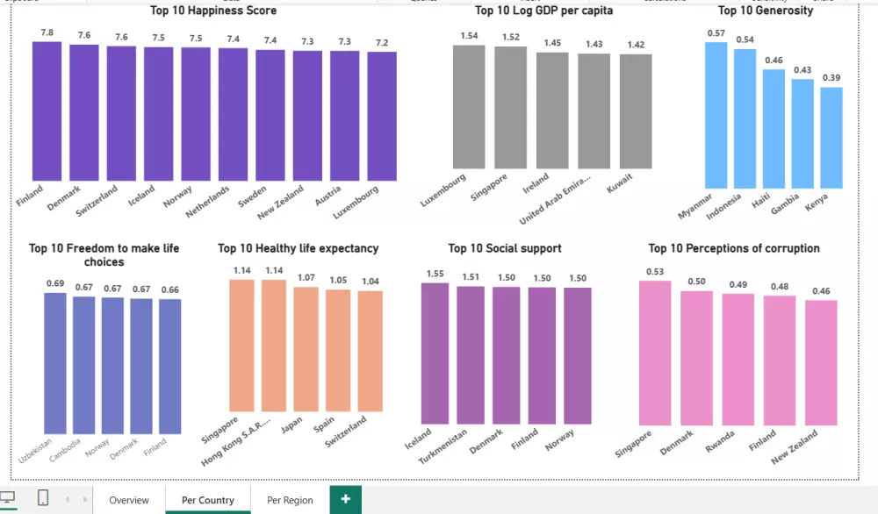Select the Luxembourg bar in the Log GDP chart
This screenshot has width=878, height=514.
(469, 106)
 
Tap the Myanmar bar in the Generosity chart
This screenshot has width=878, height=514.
(716, 115)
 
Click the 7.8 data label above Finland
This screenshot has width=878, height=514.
(47, 32)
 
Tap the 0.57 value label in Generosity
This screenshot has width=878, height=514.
(716, 33)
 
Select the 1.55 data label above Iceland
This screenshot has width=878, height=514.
(435, 274)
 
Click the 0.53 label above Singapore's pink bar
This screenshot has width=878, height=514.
(654, 272)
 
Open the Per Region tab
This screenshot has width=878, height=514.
(290, 500)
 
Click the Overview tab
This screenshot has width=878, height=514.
(129, 500)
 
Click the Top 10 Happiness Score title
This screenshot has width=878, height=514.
(214, 11)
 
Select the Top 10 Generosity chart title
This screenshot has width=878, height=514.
(766, 11)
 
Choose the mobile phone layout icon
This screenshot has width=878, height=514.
(42, 498)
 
